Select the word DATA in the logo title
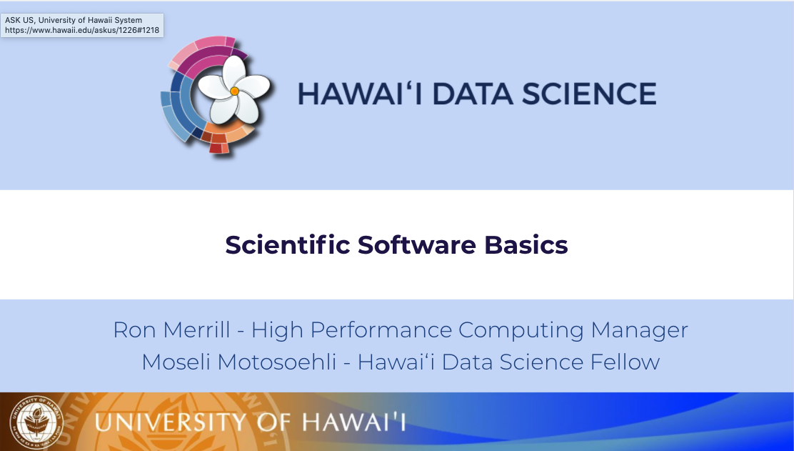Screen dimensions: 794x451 coord(473,94)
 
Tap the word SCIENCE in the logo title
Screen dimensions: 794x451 coord(589,94)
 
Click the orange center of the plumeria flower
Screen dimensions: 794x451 coord(234,91)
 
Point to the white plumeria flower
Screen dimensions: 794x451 coord(233,89)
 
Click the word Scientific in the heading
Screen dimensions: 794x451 coord(288,244)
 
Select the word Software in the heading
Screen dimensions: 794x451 coord(417,244)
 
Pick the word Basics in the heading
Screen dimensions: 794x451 coord(526,244)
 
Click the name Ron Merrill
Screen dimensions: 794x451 coord(171,330)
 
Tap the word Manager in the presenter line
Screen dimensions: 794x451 coord(640,330)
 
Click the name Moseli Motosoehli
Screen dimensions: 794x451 coord(239,362)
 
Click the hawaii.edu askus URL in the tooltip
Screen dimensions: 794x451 coord(82,30)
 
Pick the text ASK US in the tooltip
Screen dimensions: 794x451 coord(19,20)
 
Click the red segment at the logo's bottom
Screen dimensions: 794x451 coord(216,148)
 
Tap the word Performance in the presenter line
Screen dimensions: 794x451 coord(381,330)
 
